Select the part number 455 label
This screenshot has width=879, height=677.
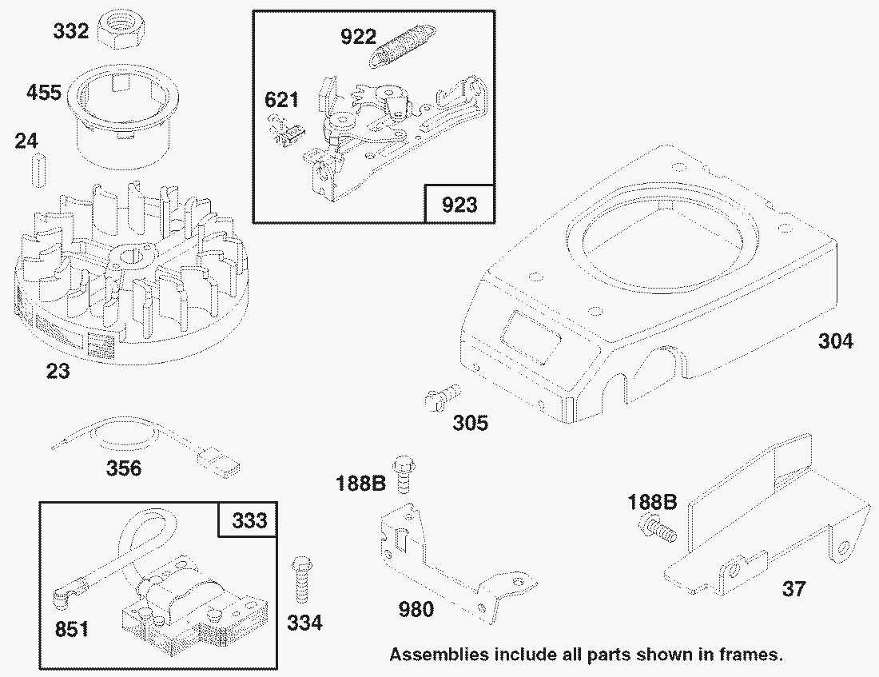pyautogui.click(x=44, y=92)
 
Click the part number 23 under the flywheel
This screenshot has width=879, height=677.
pyautogui.click(x=58, y=371)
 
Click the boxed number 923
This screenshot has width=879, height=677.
pyautogui.click(x=459, y=204)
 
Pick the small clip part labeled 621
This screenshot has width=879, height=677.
pyautogui.click(x=286, y=133)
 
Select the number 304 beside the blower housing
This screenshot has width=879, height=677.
pyautogui.click(x=835, y=340)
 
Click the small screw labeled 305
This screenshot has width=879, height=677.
pyautogui.click(x=443, y=396)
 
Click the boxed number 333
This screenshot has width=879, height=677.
pyautogui.click(x=249, y=520)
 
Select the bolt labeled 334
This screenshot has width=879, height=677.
pyautogui.click(x=301, y=580)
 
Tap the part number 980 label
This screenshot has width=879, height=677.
pyautogui.click(x=416, y=609)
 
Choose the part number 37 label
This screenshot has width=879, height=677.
pyautogui.click(x=793, y=589)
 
